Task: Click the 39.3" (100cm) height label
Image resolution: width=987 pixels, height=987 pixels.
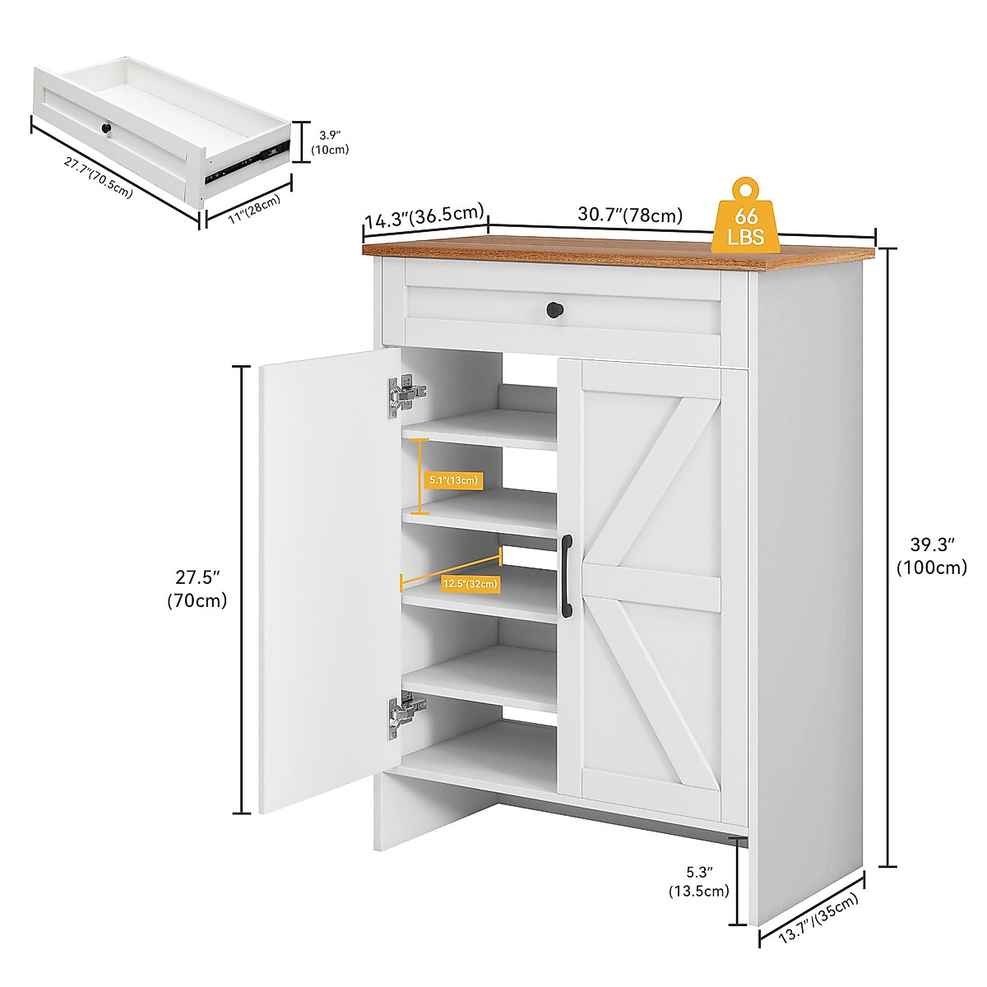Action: (x=931, y=555)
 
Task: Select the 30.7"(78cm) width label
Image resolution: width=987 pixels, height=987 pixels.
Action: (x=630, y=215)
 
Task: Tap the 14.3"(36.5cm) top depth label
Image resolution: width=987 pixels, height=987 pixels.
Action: (x=423, y=216)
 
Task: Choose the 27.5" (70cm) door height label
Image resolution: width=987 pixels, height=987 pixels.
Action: (x=197, y=588)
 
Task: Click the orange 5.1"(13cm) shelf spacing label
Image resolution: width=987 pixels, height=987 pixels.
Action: (x=453, y=480)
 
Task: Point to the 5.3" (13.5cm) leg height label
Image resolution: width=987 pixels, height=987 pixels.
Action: (x=698, y=881)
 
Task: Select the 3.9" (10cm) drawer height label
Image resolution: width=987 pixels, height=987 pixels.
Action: (x=330, y=141)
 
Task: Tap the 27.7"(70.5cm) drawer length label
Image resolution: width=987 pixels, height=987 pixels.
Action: (x=98, y=177)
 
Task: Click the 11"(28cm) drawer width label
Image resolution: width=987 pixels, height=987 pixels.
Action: (x=254, y=209)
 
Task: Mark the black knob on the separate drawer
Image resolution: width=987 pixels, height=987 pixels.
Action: (x=106, y=129)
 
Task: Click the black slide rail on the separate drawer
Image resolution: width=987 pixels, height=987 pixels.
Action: (x=247, y=160)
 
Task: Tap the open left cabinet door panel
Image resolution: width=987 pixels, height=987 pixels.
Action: (x=329, y=580)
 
